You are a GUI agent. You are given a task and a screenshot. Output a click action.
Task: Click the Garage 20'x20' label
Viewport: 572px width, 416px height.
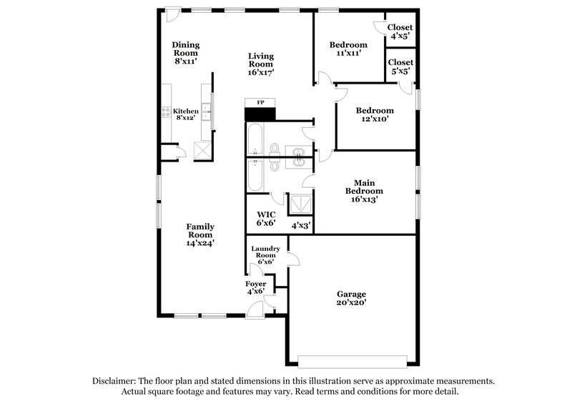pos(351,298)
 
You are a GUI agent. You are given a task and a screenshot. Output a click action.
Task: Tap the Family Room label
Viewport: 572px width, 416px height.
pos(201,235)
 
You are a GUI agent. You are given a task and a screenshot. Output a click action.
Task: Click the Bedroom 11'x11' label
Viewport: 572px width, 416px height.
pos(350,48)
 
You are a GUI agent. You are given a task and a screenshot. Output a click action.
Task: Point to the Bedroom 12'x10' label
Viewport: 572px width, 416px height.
pos(375,115)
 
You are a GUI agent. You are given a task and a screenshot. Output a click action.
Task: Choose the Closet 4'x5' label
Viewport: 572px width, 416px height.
pos(400,32)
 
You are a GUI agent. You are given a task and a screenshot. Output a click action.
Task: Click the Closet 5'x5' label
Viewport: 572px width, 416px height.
pos(401,67)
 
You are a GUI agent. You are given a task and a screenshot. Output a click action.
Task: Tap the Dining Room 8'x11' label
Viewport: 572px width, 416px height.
pos(185,53)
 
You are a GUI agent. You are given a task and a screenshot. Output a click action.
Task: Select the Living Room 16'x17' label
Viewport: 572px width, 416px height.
pos(261,64)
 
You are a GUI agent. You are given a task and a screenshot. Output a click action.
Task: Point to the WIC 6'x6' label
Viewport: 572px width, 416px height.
pos(266,218)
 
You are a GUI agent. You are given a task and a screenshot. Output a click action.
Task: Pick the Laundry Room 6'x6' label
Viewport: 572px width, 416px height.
pos(265,255)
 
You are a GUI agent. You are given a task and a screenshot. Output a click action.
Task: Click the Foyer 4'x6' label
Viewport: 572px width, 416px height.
pos(256,288)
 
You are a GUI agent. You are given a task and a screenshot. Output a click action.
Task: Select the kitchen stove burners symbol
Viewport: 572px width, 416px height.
pos(166,112)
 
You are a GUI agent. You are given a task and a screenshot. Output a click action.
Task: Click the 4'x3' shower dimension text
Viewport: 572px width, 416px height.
pos(300,225)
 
